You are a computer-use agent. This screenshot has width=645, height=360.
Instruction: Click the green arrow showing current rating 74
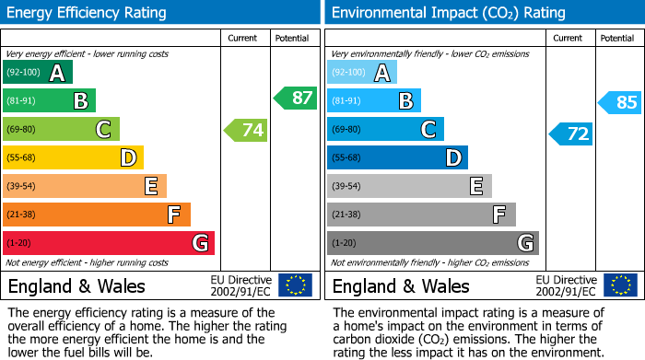247,130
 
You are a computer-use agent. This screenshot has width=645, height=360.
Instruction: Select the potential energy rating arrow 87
296,98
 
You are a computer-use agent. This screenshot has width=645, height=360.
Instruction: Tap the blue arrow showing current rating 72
571,134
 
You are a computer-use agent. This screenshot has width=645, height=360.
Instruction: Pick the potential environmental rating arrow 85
620,102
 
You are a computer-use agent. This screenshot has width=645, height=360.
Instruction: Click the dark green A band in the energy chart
37,73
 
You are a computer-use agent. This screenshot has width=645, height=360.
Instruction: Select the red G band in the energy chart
108,243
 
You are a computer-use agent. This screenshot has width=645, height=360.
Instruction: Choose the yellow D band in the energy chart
73,158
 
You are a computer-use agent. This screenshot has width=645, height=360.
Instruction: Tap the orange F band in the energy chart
96,215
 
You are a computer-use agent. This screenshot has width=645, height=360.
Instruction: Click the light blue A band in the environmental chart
361,73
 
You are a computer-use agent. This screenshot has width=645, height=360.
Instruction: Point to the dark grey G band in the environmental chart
432,243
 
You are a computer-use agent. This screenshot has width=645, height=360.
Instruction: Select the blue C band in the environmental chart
385,130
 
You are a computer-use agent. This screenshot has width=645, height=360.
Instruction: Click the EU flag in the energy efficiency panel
295,285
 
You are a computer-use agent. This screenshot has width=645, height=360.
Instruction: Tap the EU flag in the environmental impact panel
619,285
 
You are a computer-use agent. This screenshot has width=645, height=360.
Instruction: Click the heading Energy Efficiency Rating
88,13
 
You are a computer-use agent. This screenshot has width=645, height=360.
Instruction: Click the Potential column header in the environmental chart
617,38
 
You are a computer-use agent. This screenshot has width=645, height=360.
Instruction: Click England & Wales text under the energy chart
76,285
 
